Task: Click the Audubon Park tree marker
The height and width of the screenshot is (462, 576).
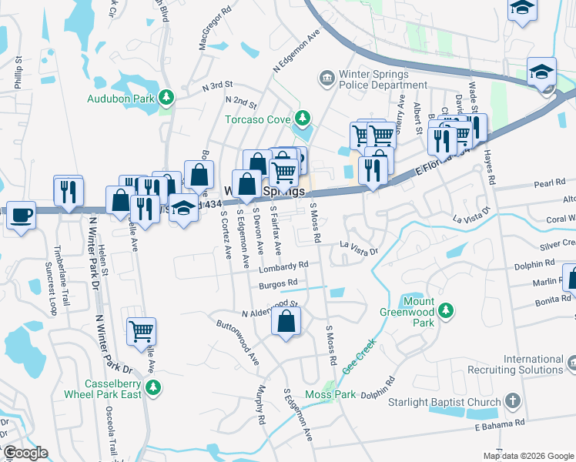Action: tap(164, 98)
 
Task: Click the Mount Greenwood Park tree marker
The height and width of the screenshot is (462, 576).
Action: tap(444, 311)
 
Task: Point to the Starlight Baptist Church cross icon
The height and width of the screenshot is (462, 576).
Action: tap(513, 401)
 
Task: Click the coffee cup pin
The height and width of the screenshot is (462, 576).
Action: tap(21, 215)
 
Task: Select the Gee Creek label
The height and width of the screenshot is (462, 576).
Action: tap(359, 357)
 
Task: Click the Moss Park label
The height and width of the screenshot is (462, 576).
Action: tap(329, 395)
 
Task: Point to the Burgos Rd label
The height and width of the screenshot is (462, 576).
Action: tap(277, 285)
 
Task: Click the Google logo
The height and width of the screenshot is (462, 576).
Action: tap(25, 453)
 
